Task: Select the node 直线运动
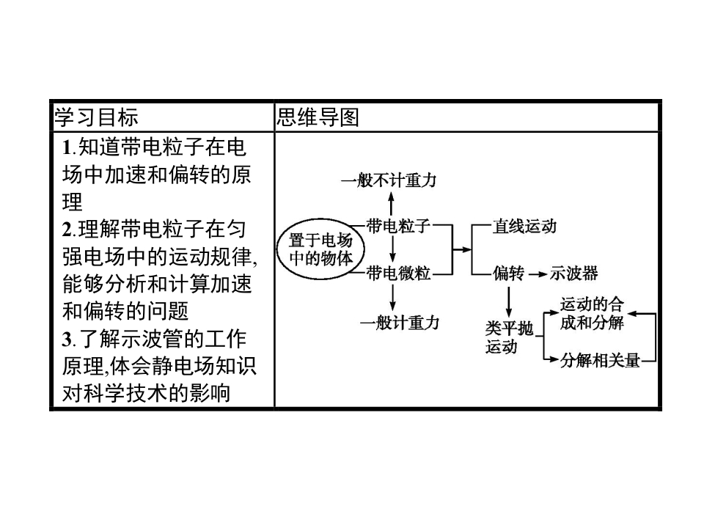[x=524, y=227]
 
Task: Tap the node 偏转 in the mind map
[x=508, y=274]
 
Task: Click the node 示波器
[x=573, y=274]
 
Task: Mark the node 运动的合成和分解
[x=591, y=313]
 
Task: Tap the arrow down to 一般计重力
[x=394, y=296]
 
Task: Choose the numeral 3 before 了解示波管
[x=67, y=341]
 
